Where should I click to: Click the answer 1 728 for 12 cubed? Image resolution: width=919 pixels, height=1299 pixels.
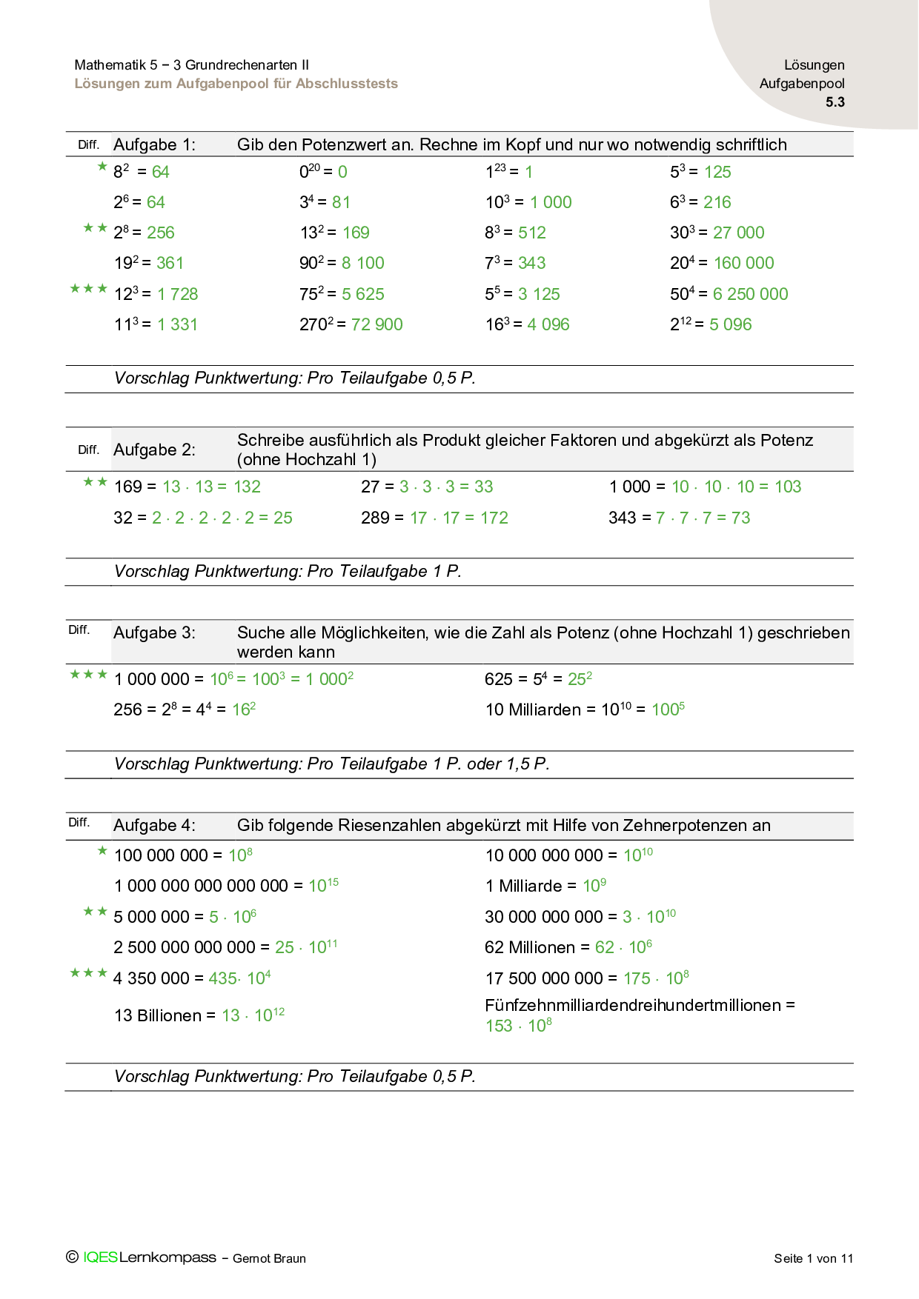point(178,295)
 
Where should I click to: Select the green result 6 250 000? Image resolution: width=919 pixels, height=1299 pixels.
point(750,294)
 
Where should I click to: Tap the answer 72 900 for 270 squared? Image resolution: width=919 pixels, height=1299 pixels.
point(376,324)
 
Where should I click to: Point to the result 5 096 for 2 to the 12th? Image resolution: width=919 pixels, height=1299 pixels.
point(730,324)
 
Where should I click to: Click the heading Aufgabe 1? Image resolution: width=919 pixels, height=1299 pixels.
point(154,144)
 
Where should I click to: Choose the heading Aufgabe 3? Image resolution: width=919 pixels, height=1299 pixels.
point(154,632)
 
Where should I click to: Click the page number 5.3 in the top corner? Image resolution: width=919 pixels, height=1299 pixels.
point(835,102)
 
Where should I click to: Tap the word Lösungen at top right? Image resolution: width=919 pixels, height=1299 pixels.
point(814,65)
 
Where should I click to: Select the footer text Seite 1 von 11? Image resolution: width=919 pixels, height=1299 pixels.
point(813,1258)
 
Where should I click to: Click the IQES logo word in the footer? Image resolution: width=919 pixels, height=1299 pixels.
point(100,1258)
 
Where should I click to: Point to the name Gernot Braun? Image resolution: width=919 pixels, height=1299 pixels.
point(269,1258)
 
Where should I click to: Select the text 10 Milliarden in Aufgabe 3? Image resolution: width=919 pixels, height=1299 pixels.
point(533,710)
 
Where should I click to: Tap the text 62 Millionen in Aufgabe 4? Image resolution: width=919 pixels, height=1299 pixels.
point(530,948)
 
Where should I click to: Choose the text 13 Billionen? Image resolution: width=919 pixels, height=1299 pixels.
point(157,1016)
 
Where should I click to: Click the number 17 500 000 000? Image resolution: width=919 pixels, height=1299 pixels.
point(544,979)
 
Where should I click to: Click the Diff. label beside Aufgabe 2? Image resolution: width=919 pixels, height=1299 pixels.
point(88,450)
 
